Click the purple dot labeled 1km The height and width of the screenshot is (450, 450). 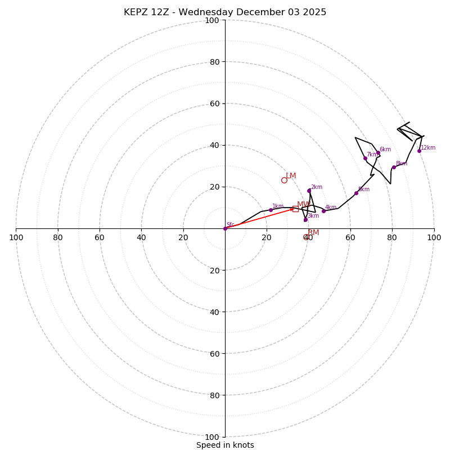[271, 210]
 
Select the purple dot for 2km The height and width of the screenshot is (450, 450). [309, 191]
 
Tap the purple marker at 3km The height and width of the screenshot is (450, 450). [305, 219]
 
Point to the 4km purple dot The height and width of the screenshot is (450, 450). [323, 211]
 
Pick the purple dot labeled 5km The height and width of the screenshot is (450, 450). [356, 193]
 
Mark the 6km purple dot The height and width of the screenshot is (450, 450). [378, 153]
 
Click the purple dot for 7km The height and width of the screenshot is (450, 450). [365, 158]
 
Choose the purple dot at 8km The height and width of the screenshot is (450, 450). [394, 167]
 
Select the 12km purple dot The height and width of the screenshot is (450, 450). [419, 151]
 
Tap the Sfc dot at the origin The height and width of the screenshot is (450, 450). [225, 228]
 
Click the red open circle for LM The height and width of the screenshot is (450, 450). [284, 180]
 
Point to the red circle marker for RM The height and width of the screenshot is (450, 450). [306, 237]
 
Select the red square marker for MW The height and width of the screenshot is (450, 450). [295, 209]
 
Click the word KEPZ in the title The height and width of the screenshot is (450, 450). [136, 12]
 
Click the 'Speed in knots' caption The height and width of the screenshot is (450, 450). [225, 445]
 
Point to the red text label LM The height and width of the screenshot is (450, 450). [291, 176]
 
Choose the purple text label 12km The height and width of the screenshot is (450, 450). [428, 148]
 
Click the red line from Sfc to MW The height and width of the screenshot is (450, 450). [259, 219]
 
